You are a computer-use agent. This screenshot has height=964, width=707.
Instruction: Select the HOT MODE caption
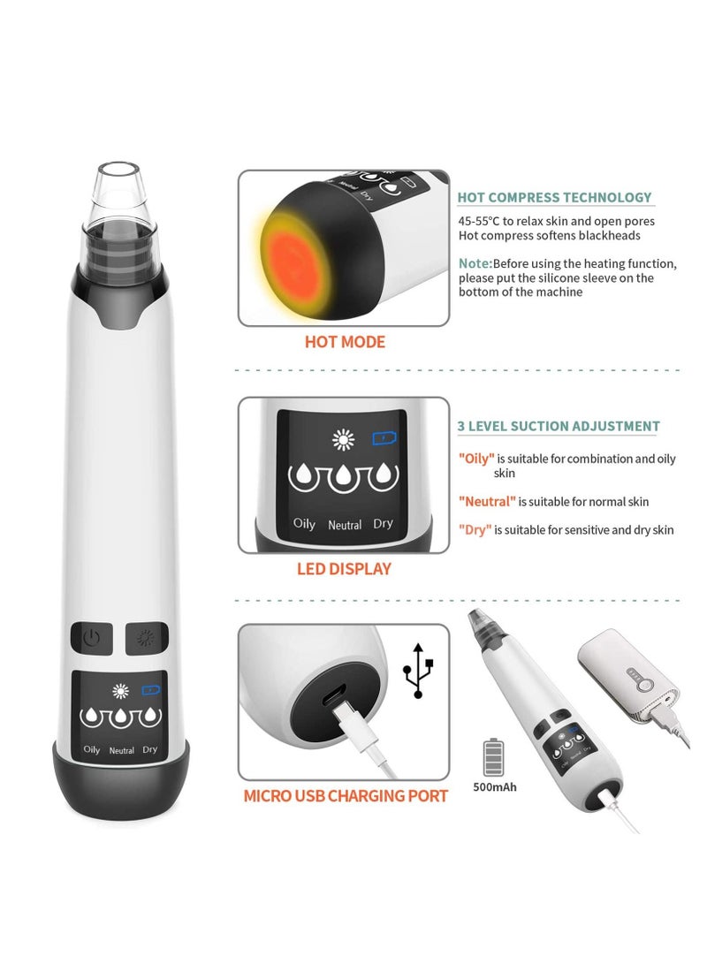tap(345, 342)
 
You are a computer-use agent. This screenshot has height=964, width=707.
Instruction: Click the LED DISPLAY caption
tap(344, 569)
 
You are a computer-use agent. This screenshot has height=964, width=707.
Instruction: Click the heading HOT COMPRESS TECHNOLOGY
tap(554, 198)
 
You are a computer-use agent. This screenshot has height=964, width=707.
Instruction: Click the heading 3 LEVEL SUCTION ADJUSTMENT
tap(559, 426)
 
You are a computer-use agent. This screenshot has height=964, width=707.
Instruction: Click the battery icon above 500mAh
tap(494, 756)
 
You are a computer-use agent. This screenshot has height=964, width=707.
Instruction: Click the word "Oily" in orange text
tap(476, 459)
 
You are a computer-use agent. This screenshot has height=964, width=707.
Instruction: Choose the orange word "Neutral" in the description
tap(486, 501)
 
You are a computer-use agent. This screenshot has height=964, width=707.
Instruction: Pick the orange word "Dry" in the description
tap(475, 529)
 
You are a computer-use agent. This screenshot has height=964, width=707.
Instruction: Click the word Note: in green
tap(475, 263)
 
